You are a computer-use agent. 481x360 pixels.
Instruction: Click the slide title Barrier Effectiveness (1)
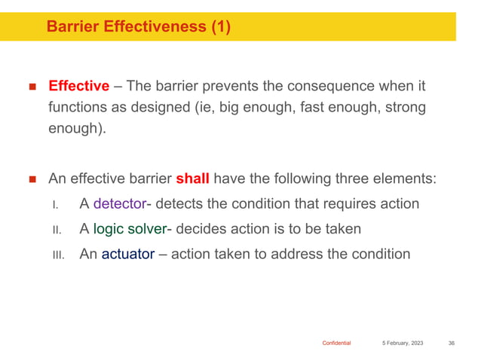138,27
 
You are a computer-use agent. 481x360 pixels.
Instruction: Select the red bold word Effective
78,86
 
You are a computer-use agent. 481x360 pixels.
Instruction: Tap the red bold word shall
191,180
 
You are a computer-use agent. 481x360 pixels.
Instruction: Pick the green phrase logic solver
128,229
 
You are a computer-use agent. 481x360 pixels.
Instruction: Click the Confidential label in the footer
336,343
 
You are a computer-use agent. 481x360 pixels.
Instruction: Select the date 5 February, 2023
402,343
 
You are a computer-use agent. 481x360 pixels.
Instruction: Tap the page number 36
451,343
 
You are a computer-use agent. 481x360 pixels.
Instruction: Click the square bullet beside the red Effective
32,87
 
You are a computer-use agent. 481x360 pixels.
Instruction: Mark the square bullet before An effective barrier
32,181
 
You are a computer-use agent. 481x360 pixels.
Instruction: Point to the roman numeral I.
56,206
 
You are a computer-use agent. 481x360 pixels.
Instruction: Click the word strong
403,108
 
